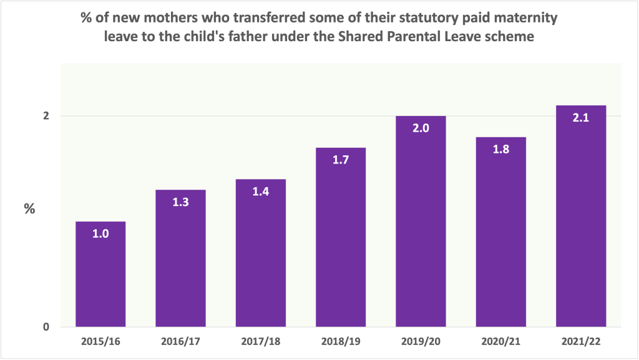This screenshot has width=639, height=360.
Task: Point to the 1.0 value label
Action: tap(100, 235)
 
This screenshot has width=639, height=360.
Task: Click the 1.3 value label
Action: tap(180, 202)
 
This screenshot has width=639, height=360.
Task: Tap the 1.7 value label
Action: tap(341, 160)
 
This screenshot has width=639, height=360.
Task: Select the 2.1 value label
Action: tap(580, 118)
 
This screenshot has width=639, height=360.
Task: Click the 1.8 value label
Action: tap(500, 149)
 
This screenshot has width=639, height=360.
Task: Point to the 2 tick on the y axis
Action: tap(46, 116)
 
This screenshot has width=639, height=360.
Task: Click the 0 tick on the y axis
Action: tap(46, 327)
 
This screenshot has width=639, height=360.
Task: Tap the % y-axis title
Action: tap(29, 209)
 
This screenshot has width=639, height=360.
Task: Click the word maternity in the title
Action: tap(528, 18)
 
